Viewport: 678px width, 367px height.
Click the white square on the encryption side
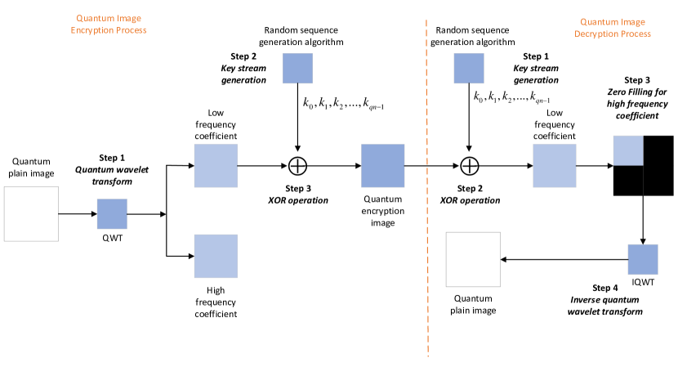pyautogui.click(x=31, y=214)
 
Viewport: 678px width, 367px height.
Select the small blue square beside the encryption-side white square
pyautogui.click(x=112, y=214)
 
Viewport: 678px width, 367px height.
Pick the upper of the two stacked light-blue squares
pyautogui.click(x=216, y=166)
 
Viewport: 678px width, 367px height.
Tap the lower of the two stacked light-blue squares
pyautogui.click(x=216, y=256)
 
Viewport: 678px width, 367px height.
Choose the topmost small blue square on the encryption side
pyautogui.click(x=297, y=69)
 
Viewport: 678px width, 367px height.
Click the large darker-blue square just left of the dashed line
pyautogui.click(x=383, y=166)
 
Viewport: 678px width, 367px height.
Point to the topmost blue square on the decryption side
pyautogui.click(x=469, y=69)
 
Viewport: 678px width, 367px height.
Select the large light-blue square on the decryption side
pyautogui.click(x=555, y=166)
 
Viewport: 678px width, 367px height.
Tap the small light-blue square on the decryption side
pyautogui.click(x=628, y=150)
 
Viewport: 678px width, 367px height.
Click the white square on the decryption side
pyautogui.click(x=473, y=259)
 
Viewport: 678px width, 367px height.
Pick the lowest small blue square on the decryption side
pyautogui.click(x=643, y=259)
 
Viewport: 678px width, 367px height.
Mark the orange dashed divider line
pyautogui.click(x=426, y=188)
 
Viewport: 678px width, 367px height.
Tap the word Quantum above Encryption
pyautogui.click(x=94, y=18)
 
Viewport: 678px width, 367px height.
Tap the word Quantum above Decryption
pyautogui.click(x=598, y=22)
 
